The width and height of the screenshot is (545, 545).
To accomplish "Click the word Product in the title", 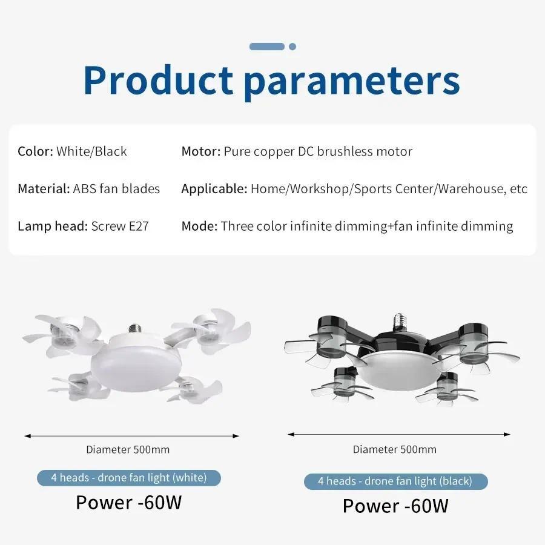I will (x=158, y=80).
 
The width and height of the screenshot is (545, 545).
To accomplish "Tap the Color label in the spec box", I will (x=35, y=151).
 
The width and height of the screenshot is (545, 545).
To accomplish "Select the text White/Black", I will (x=92, y=151).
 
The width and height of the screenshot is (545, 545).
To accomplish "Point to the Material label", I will (x=44, y=189).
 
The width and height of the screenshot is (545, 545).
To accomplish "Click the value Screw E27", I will (x=120, y=226).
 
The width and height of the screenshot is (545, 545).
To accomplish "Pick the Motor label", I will (x=200, y=151).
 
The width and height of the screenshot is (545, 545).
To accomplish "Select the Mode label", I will (x=199, y=226).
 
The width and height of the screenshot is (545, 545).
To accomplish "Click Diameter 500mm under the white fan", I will (x=128, y=449).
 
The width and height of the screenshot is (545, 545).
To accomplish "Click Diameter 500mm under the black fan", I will (x=395, y=449).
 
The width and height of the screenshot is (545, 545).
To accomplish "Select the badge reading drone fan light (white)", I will (x=129, y=478).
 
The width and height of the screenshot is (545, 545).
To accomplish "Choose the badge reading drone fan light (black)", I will (x=395, y=481).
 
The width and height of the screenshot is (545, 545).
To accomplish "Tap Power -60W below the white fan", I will (x=128, y=503).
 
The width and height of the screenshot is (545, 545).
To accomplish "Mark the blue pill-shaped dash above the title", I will (x=267, y=47).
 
